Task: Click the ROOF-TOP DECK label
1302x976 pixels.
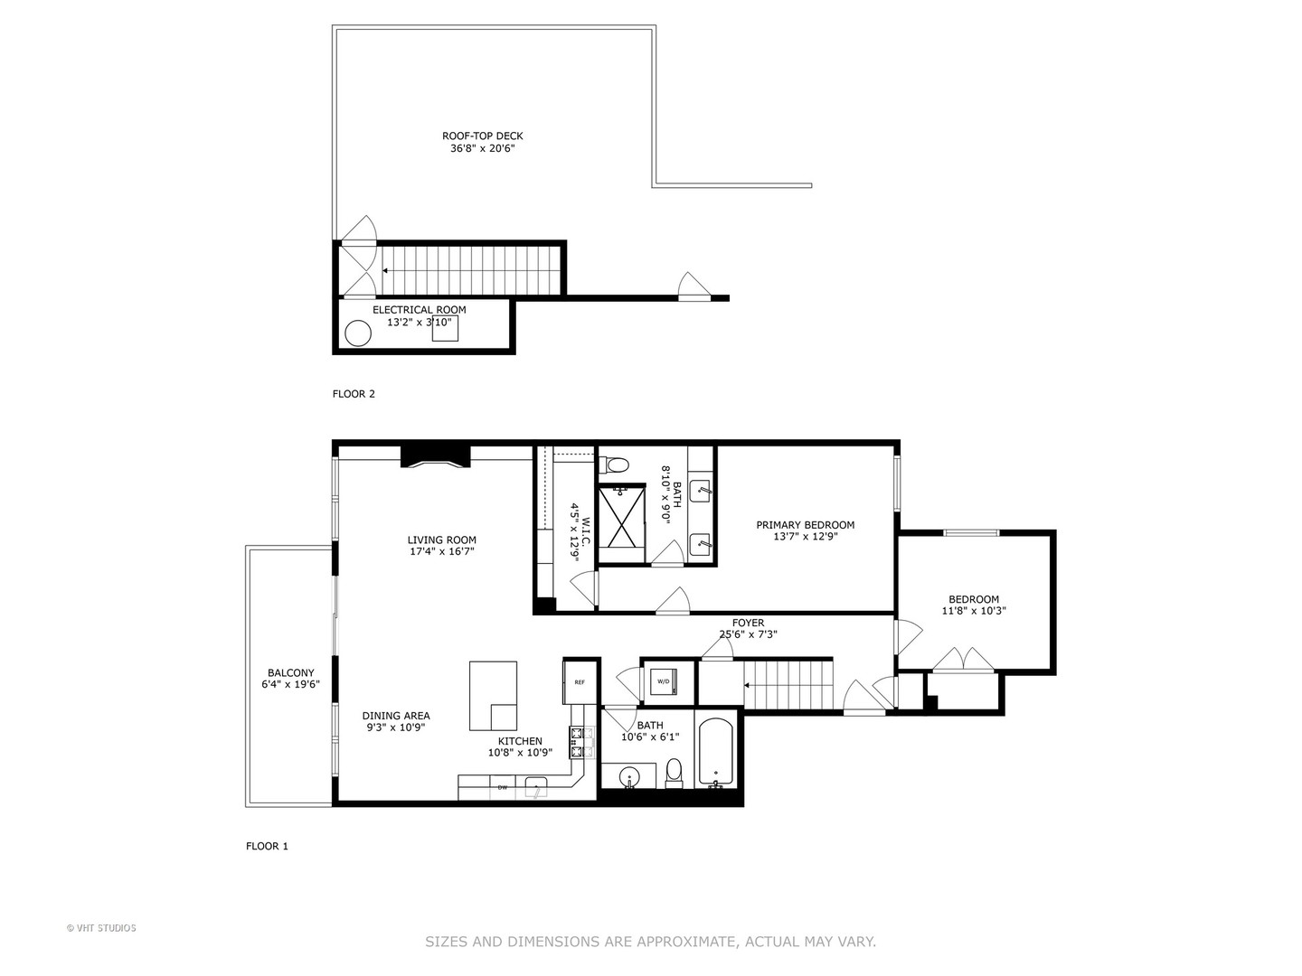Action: click(482, 136)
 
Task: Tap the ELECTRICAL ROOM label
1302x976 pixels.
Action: click(420, 310)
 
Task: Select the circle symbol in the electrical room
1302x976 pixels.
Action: click(358, 333)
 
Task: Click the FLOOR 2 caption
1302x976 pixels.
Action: click(354, 394)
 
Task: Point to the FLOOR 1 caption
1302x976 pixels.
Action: click(267, 847)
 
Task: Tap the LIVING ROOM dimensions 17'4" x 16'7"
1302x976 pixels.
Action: click(441, 551)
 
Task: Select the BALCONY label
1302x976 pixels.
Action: click(291, 673)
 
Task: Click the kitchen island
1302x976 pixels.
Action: click(493, 695)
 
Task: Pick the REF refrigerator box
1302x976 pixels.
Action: click(580, 682)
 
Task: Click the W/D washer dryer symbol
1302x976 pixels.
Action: click(665, 681)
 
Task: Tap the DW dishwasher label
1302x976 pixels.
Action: click(503, 788)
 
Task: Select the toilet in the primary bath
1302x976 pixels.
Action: click(617, 466)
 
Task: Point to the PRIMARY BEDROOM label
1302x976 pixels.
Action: click(805, 525)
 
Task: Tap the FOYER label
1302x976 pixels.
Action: click(748, 624)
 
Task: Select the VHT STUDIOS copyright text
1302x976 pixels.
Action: click(101, 928)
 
